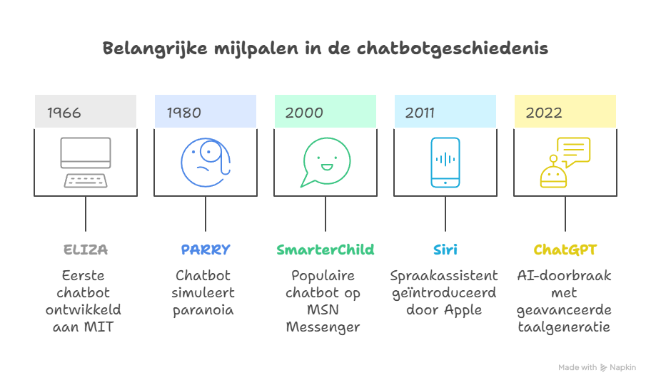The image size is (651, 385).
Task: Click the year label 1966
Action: click(x=64, y=113)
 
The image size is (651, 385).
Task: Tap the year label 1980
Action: click(x=183, y=113)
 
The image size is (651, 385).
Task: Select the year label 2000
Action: click(x=304, y=113)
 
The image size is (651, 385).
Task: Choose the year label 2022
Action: click(x=544, y=113)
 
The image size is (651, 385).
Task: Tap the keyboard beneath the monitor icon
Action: click(x=86, y=180)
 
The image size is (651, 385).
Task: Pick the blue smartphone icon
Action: click(x=445, y=162)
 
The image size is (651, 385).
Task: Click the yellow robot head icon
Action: click(x=553, y=173)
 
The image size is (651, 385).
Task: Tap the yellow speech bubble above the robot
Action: click(x=574, y=150)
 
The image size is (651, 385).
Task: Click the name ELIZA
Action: click(x=86, y=250)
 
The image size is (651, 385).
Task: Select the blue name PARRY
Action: click(x=206, y=250)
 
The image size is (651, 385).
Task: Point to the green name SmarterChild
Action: click(x=325, y=250)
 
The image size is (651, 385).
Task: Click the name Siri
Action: click(x=445, y=250)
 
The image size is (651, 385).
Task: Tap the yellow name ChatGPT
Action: click(x=565, y=250)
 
